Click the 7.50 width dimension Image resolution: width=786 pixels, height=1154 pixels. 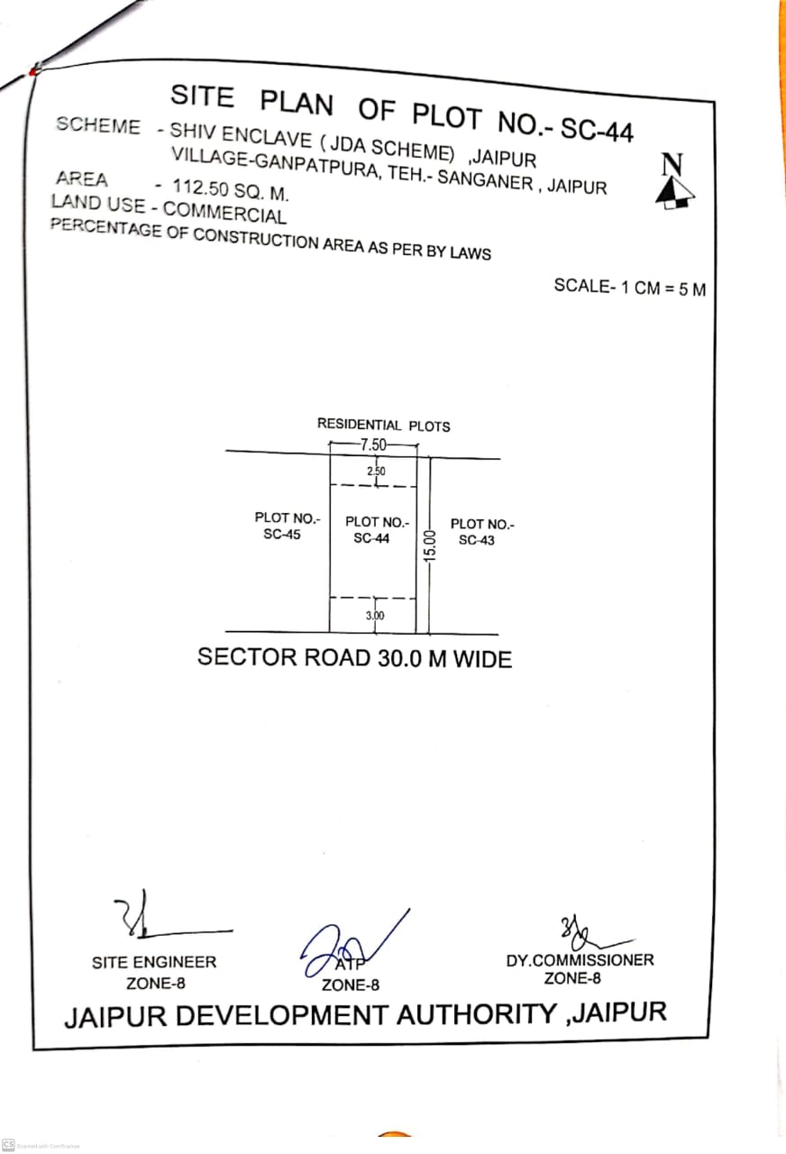(x=373, y=444)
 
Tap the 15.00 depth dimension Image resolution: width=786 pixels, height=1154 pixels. (x=430, y=545)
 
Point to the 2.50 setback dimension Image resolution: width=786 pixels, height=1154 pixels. (x=376, y=471)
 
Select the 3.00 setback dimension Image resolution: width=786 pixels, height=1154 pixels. (x=375, y=615)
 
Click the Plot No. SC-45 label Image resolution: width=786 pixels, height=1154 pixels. (x=287, y=526)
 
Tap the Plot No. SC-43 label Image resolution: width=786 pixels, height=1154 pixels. (x=482, y=532)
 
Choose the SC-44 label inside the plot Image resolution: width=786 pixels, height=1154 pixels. (x=371, y=538)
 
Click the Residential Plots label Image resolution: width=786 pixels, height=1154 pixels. (x=383, y=425)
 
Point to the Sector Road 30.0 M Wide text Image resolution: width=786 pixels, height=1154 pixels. (x=354, y=658)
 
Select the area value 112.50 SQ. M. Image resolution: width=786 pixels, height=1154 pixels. (x=230, y=189)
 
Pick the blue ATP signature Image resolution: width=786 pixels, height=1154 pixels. (x=351, y=947)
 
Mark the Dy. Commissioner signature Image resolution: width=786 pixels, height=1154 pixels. (x=592, y=935)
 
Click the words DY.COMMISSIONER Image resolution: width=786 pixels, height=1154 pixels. (x=580, y=960)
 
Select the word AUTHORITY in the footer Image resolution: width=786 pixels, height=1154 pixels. (x=477, y=1014)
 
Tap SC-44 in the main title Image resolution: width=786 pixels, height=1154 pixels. (x=597, y=130)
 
